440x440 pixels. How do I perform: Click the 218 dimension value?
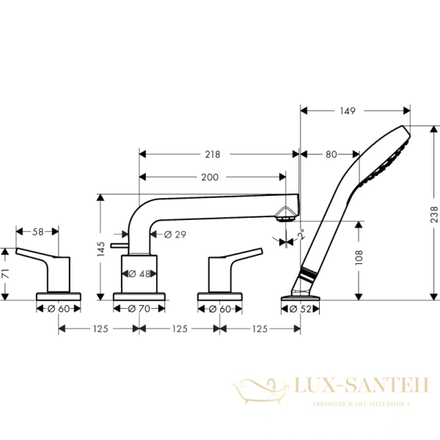coord(213,154)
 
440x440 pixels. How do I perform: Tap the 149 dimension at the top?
coord(348,111)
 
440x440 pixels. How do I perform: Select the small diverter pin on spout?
coord(117,243)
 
